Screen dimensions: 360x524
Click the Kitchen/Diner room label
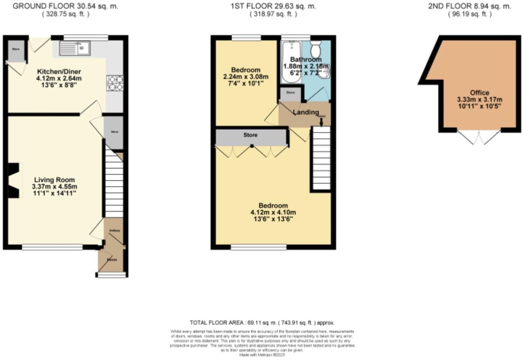(x=59, y=72)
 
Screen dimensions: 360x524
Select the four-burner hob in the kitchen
(x=115, y=83)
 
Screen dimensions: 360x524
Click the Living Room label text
(x=54, y=180)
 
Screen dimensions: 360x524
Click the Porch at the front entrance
(x=111, y=259)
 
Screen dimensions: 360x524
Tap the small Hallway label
(x=114, y=231)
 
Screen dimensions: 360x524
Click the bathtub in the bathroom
(x=291, y=62)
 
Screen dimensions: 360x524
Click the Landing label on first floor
(x=306, y=112)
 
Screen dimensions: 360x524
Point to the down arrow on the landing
(x=321, y=121)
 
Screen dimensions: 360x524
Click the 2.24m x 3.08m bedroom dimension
(x=246, y=77)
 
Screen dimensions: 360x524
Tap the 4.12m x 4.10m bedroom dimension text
(x=273, y=212)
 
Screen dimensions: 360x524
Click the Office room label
(x=479, y=93)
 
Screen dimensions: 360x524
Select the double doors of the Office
(x=479, y=137)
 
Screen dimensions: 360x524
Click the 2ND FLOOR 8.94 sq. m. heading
(x=469, y=6)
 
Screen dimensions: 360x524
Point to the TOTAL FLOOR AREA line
(x=262, y=322)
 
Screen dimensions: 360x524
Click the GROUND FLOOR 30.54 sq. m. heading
(x=65, y=6)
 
